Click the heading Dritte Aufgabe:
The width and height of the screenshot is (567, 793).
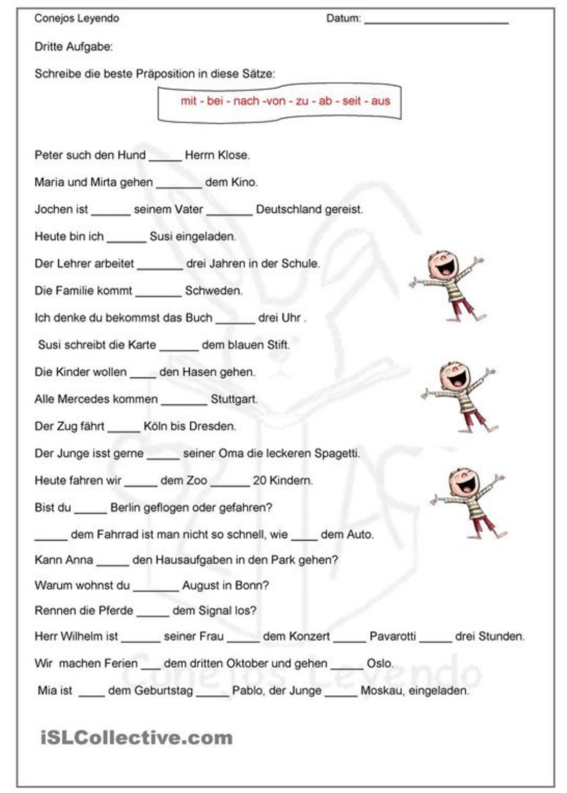pos(73,47)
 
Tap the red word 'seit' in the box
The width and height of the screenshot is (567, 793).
pos(351,101)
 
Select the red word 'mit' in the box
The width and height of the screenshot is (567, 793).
pos(188,101)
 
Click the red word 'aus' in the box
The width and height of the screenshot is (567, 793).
pos(381,101)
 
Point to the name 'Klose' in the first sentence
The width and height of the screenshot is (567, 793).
pos(234,155)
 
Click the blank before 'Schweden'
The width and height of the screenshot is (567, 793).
pos(158,294)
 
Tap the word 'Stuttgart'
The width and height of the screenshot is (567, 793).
pos(234,400)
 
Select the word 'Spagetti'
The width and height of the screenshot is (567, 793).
pos(337,453)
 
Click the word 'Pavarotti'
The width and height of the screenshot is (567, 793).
pos(393,637)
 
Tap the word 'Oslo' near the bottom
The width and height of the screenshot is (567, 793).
pos(379,664)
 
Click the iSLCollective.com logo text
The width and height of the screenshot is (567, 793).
pos(136,738)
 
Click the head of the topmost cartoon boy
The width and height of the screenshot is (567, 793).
pos(444,265)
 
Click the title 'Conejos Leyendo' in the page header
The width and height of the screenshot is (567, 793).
pos(77,18)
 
